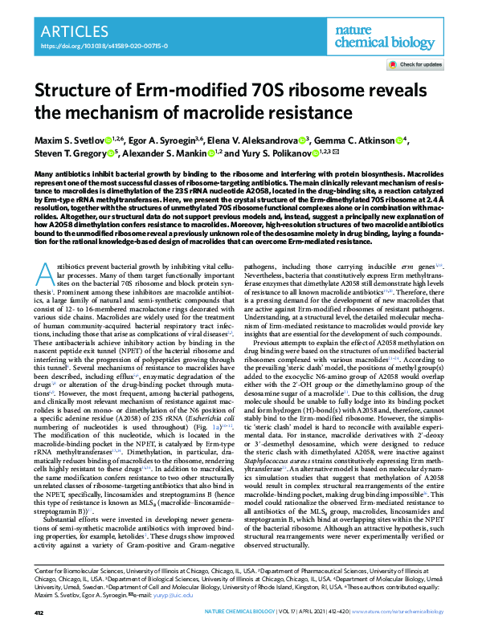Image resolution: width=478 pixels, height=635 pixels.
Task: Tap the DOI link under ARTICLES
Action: tap(89, 47)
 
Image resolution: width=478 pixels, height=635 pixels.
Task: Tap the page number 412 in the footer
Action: tap(39, 613)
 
